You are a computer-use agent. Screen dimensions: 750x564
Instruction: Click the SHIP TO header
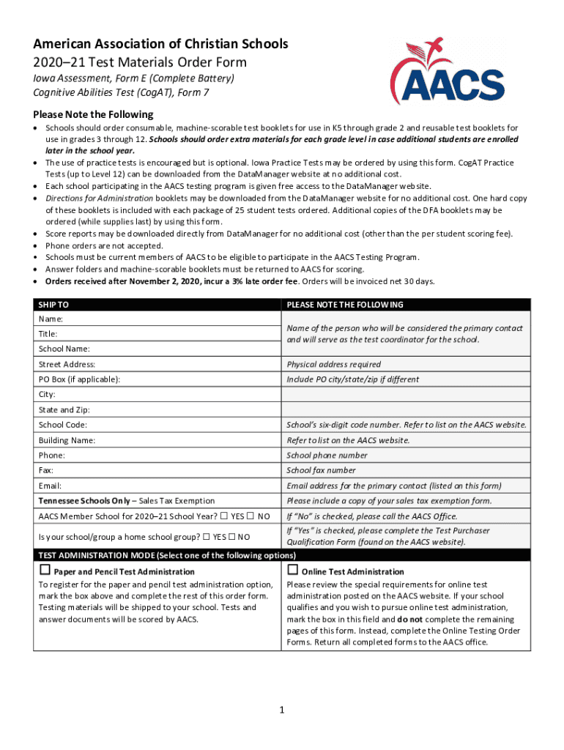click(53, 305)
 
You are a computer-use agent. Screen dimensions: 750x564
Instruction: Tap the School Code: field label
click(63, 425)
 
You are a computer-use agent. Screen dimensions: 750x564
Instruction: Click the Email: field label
click(51, 486)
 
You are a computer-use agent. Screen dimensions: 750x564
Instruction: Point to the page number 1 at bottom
click(281, 710)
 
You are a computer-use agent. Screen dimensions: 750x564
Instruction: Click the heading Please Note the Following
click(93, 114)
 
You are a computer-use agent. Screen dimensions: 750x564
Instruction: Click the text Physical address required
click(333, 364)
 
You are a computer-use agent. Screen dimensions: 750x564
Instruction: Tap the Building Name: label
click(67, 440)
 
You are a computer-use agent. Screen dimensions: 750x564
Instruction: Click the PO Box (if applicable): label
click(79, 379)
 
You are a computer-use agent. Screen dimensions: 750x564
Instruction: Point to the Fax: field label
click(46, 470)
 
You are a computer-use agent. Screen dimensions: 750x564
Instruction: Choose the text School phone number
click(327, 455)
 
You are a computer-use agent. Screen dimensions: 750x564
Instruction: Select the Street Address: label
click(67, 364)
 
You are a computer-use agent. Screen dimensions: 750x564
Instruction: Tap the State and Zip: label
click(64, 409)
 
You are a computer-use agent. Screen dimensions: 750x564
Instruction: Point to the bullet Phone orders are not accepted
click(104, 245)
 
